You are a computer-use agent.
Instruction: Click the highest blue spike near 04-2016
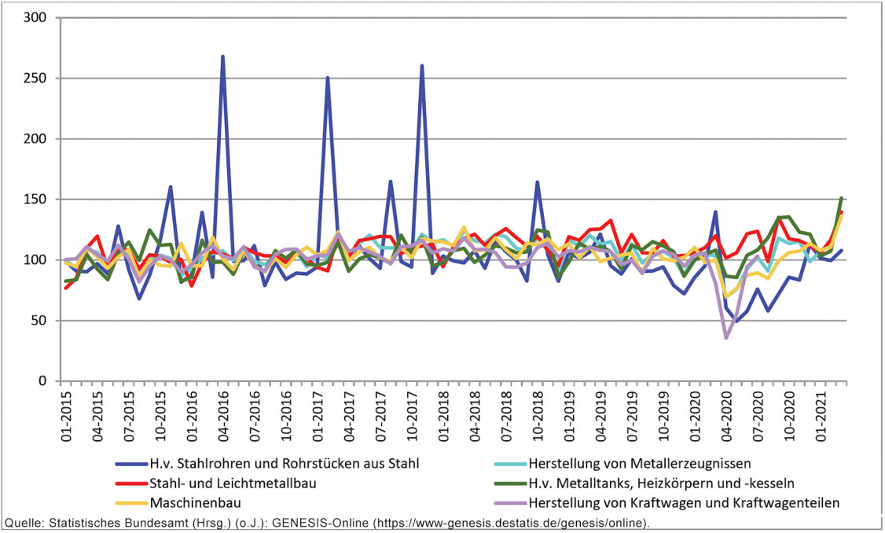pos(223,57)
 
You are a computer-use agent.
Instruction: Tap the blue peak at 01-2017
pos(328,78)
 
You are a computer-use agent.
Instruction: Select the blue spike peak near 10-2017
pos(422,66)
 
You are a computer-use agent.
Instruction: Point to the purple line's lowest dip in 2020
pos(726,338)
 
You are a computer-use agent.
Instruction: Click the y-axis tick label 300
pos(35,18)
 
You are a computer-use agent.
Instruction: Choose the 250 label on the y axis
pos(35,79)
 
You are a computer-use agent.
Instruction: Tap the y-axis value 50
pos(39,321)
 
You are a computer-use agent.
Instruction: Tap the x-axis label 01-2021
pos(822,417)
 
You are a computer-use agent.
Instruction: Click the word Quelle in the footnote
pos(24,523)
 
